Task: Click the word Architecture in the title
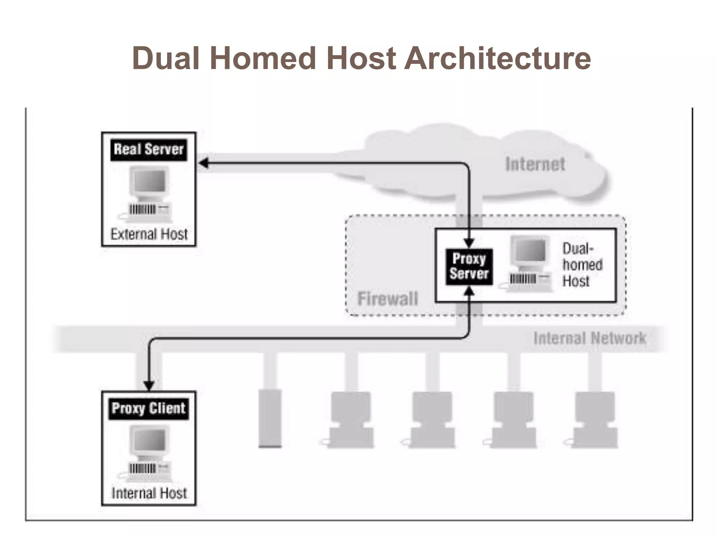[497, 58]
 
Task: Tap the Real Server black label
[149, 150]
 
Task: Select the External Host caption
[149, 234]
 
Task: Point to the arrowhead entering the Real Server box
[203, 163]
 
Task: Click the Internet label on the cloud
[535, 164]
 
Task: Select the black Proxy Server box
[469, 267]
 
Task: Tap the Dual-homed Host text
[582, 265]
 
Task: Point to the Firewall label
[388, 299]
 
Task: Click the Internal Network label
[590, 338]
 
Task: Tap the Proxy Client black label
[148, 408]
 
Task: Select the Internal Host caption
[149, 493]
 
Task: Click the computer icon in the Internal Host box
[149, 454]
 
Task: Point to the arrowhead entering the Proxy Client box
[149, 385]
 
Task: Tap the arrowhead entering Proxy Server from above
[469, 243]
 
